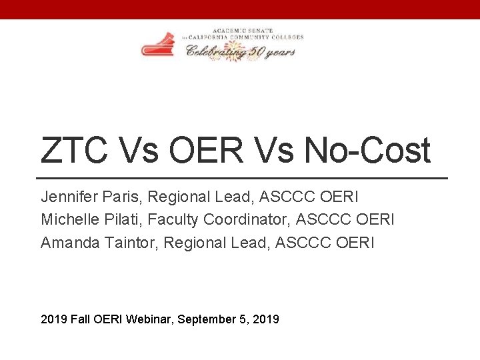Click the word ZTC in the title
click(x=73, y=150)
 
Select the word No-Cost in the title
click(x=367, y=150)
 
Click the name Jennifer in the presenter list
click(x=68, y=197)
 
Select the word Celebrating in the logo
click(x=214, y=51)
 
